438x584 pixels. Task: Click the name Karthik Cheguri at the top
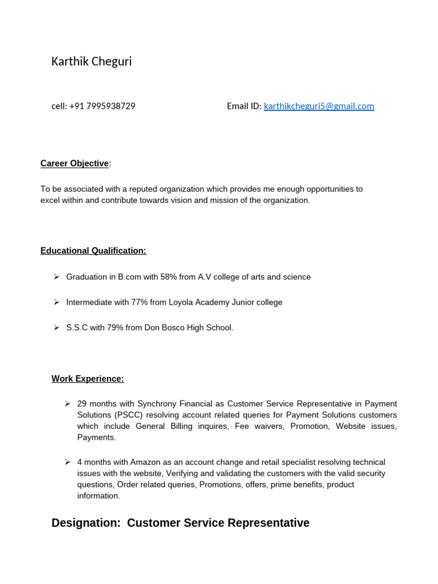(91, 62)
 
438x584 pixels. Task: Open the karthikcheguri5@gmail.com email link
(319, 106)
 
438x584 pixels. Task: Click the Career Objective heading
(74, 164)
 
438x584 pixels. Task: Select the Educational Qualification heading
(93, 251)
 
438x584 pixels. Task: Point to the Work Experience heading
(87, 379)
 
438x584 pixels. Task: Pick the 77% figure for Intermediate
(140, 302)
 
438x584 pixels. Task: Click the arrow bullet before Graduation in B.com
(56, 277)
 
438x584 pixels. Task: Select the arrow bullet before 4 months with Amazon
(68, 462)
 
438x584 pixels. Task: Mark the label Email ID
(244, 106)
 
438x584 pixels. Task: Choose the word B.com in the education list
(129, 277)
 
